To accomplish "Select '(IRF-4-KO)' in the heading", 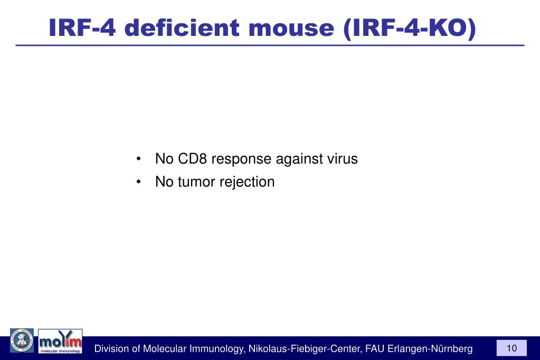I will [409, 27].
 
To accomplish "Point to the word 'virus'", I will [342, 159].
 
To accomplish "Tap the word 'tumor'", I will [195, 182].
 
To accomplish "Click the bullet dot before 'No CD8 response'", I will [138, 159].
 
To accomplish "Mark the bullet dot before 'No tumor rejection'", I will [138, 183].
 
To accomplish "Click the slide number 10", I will [511, 348].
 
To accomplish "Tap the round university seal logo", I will [22, 340].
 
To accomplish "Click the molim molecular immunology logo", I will [60, 341].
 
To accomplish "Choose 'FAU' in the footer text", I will [375, 349].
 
